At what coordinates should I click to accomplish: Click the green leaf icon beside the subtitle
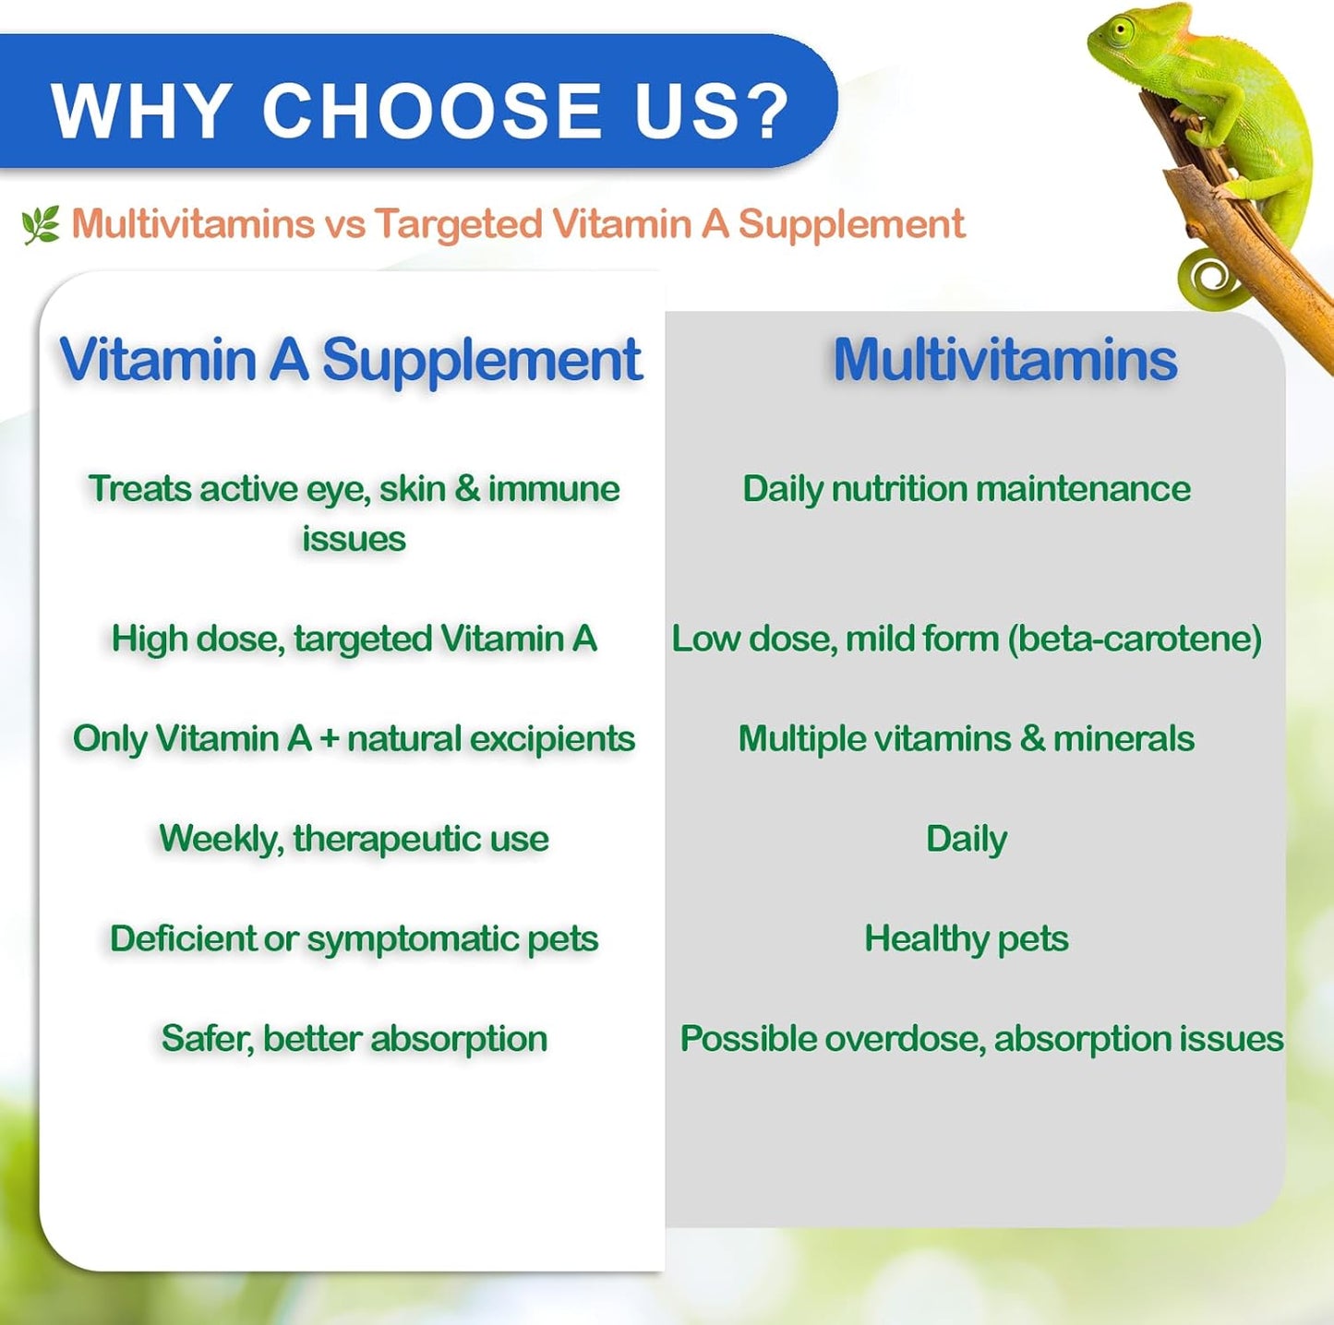[x=41, y=224]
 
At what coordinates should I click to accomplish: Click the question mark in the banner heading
[x=763, y=112]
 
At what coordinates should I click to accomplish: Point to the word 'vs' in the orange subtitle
[x=344, y=224]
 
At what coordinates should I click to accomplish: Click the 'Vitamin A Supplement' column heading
[x=350, y=359]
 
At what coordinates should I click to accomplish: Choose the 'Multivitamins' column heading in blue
[x=1004, y=359]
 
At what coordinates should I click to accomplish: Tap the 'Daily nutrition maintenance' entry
[x=966, y=488]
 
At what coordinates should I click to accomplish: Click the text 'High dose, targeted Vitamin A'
[x=354, y=639]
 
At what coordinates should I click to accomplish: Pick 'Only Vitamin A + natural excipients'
[x=354, y=738]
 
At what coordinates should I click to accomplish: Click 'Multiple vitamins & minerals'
[x=966, y=738]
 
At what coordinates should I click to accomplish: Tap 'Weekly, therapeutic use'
[x=354, y=839]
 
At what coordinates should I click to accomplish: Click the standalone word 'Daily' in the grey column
[x=966, y=839]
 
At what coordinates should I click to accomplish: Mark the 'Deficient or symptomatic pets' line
[x=354, y=938]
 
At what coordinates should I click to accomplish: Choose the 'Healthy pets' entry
[x=966, y=938]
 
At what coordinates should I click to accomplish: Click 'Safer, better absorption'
[x=354, y=1038]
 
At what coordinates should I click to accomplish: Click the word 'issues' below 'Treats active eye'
[x=354, y=538]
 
